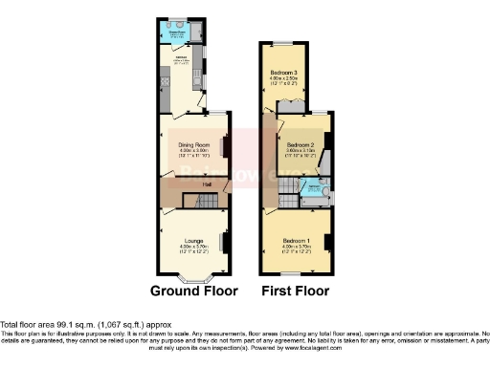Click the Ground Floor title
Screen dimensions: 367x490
(x=194, y=291)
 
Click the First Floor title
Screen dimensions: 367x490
(x=295, y=291)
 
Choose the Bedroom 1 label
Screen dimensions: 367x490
(x=295, y=241)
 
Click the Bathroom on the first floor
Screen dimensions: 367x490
(x=313, y=186)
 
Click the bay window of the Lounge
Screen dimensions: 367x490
(x=194, y=277)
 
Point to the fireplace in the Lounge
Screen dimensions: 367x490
(x=225, y=244)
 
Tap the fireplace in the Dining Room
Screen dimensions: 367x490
(x=225, y=146)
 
